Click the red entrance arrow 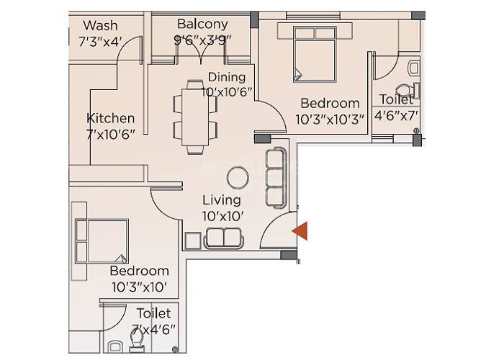point(300,230)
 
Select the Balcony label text point(202,24)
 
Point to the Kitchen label point(110,118)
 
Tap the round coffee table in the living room point(238,178)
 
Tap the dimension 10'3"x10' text point(139,287)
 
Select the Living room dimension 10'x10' point(222,215)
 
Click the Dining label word point(227,77)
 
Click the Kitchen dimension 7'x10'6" point(110,134)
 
